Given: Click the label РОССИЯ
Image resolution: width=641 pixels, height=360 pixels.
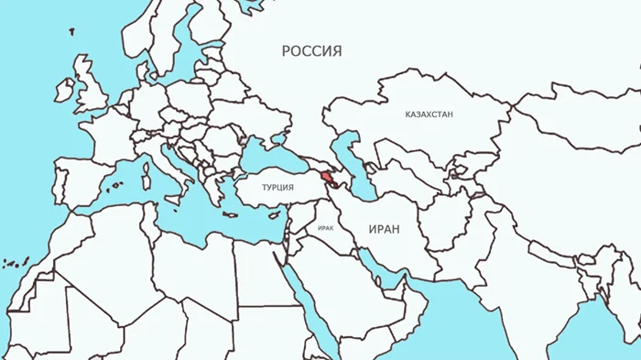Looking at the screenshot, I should coord(311,51).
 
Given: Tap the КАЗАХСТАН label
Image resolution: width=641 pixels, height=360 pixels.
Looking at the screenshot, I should coord(429,115).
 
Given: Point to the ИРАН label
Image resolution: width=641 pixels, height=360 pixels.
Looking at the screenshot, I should coord(384,229).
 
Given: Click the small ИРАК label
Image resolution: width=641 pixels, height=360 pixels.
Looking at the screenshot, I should coord(325,225).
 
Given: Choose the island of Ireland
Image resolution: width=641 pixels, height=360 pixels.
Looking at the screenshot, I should coord(64,91).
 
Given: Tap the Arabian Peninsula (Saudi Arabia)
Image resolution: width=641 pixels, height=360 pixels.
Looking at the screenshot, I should coord(353,284).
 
